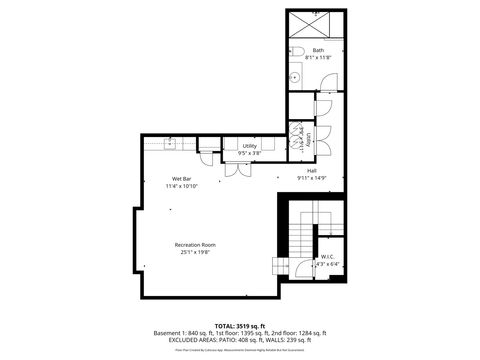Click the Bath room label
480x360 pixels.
(318, 50)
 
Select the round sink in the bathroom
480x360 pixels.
(295, 76)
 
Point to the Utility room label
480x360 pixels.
(249, 146)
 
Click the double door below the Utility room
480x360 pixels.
(237, 168)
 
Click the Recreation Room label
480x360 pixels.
(195, 244)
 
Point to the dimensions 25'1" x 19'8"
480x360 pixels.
(195, 252)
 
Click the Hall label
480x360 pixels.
(313, 170)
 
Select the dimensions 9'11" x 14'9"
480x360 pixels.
(313, 178)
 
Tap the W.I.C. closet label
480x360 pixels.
(326, 256)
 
